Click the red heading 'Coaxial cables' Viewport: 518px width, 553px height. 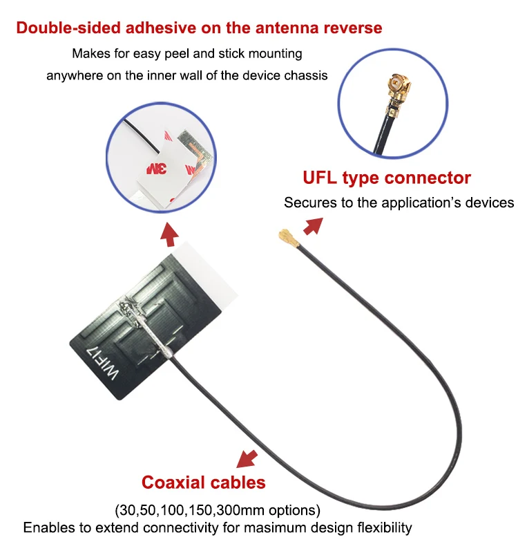(x=203, y=482)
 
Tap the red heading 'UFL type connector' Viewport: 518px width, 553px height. (x=387, y=178)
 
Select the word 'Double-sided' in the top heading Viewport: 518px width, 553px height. (x=68, y=28)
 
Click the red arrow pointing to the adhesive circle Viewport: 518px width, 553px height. (x=170, y=234)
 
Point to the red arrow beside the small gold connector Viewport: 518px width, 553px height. (x=313, y=226)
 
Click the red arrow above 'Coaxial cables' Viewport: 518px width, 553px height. (x=247, y=458)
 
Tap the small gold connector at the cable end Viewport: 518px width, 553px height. (x=288, y=238)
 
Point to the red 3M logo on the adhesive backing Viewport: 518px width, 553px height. (x=157, y=169)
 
